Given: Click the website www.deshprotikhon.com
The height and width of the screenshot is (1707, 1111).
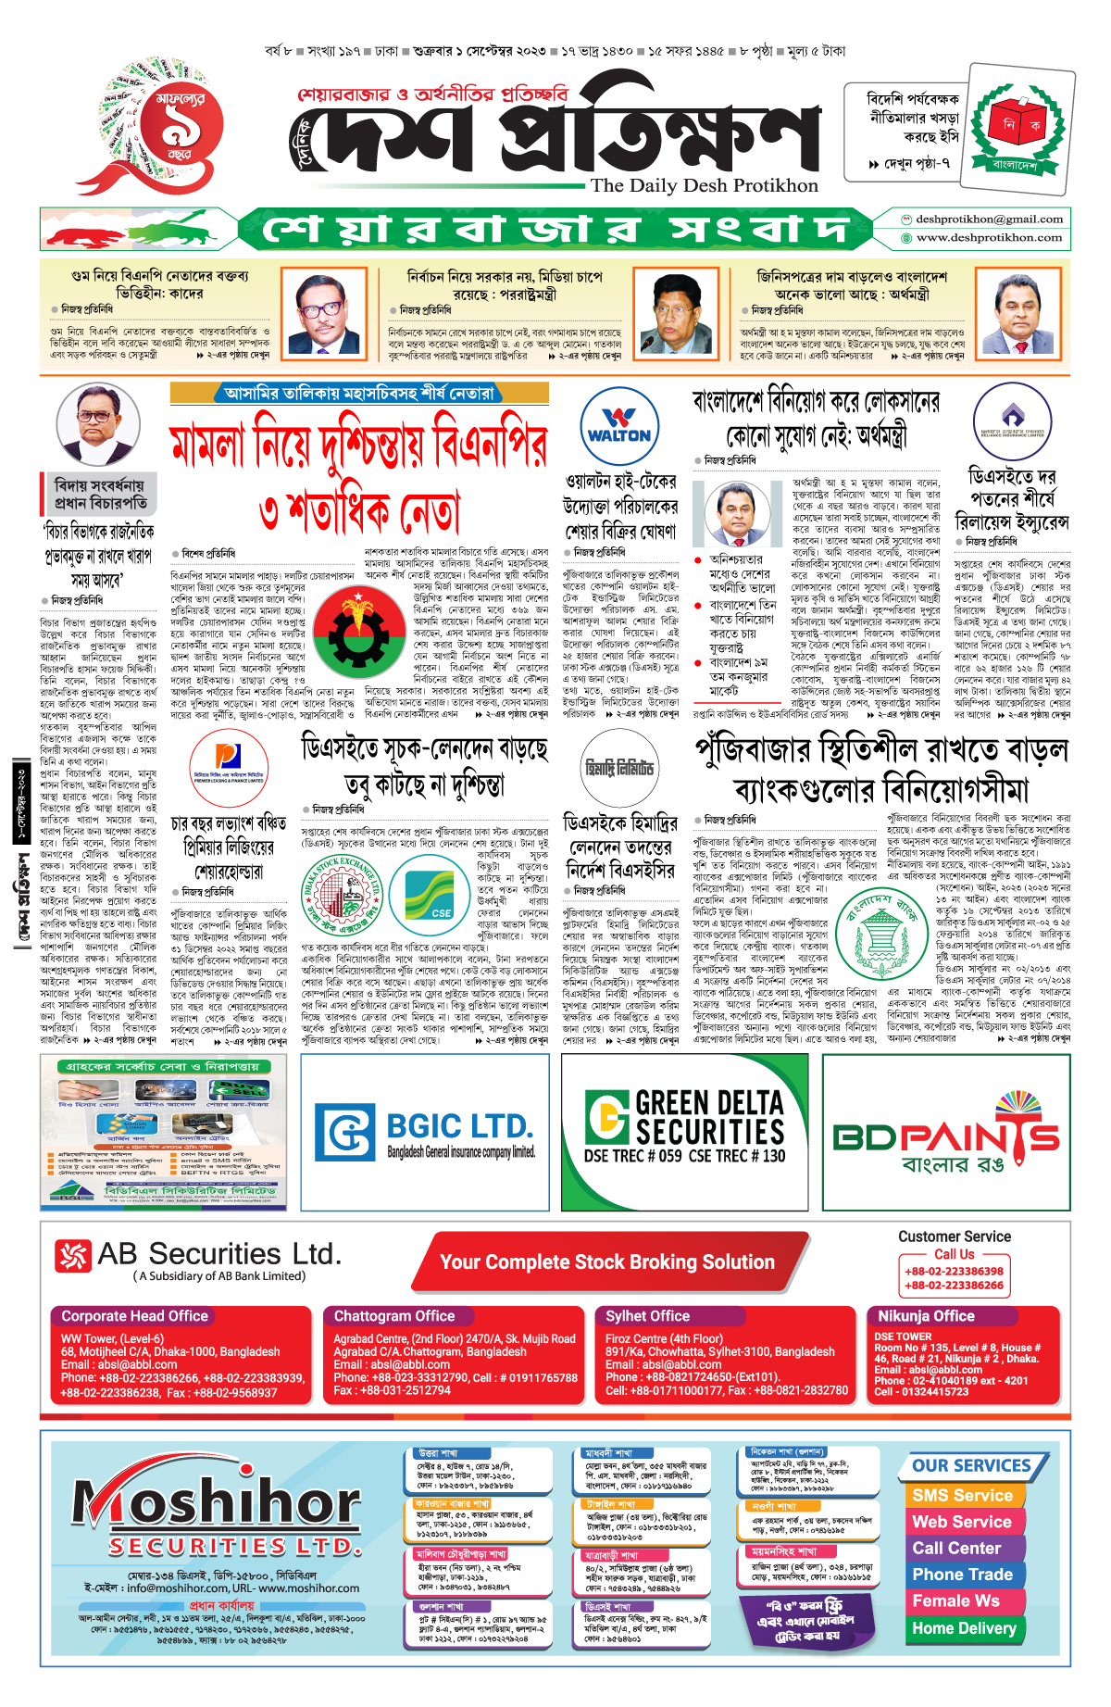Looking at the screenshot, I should click(989, 238).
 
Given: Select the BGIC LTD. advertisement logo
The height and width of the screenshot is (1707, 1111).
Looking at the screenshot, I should click(425, 1132).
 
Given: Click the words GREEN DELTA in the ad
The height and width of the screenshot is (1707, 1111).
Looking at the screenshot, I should click(709, 1103).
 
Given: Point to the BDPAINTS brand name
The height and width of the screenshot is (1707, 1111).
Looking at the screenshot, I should click(946, 1135).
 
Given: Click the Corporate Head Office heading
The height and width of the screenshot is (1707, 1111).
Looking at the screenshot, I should click(134, 1316).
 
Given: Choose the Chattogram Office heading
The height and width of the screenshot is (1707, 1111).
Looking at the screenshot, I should click(394, 1316).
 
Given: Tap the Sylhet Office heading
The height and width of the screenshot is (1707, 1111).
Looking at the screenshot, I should click(647, 1316).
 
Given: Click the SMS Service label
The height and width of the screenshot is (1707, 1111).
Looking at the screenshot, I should click(962, 1495).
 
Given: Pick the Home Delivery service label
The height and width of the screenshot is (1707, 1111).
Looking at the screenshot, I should click(964, 1628).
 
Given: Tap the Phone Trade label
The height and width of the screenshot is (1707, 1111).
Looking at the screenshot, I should click(962, 1575).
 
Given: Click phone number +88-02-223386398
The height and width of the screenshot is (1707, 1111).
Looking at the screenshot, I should click(954, 1272).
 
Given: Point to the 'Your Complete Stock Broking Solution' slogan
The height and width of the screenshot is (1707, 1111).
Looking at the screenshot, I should click(606, 1262).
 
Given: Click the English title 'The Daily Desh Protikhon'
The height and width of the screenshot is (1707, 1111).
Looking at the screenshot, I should click(705, 185).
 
